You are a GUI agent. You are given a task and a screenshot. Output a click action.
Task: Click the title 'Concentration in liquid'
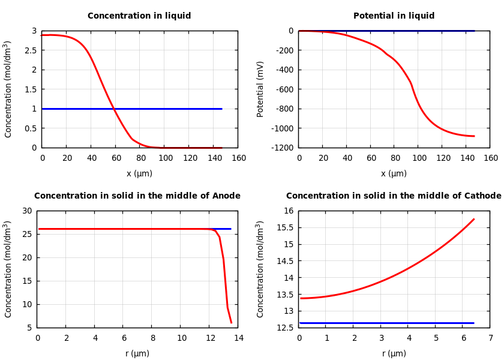click(x=139, y=16)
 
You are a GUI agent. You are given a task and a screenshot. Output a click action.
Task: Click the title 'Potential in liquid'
click(x=394, y=16)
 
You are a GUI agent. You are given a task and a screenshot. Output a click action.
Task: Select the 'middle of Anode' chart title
click(x=137, y=196)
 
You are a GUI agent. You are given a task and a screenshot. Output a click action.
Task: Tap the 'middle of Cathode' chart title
click(x=394, y=196)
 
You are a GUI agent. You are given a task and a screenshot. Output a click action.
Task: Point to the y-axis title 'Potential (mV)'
click(x=260, y=89)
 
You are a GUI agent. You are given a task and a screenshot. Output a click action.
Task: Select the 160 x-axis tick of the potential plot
click(x=491, y=158)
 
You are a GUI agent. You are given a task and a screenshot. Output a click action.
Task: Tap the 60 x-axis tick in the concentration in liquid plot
click(x=116, y=158)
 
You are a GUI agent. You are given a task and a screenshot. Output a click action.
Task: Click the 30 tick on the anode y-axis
click(x=27, y=211)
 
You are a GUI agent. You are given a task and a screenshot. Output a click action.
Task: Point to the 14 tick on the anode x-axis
click(x=239, y=338)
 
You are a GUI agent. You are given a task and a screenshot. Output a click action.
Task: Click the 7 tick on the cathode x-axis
click(x=491, y=338)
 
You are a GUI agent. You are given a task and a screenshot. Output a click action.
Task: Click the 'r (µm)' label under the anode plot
click(x=137, y=353)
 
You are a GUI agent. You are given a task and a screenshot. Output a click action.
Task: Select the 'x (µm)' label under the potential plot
click(x=394, y=173)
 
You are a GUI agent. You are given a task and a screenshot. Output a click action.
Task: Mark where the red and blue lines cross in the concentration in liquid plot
click(x=113, y=109)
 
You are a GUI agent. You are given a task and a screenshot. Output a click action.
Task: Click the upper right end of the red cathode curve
click(x=474, y=219)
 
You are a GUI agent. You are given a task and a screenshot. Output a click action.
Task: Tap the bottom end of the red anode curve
click(x=231, y=323)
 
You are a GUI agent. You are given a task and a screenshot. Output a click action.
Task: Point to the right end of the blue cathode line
click(x=474, y=323)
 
